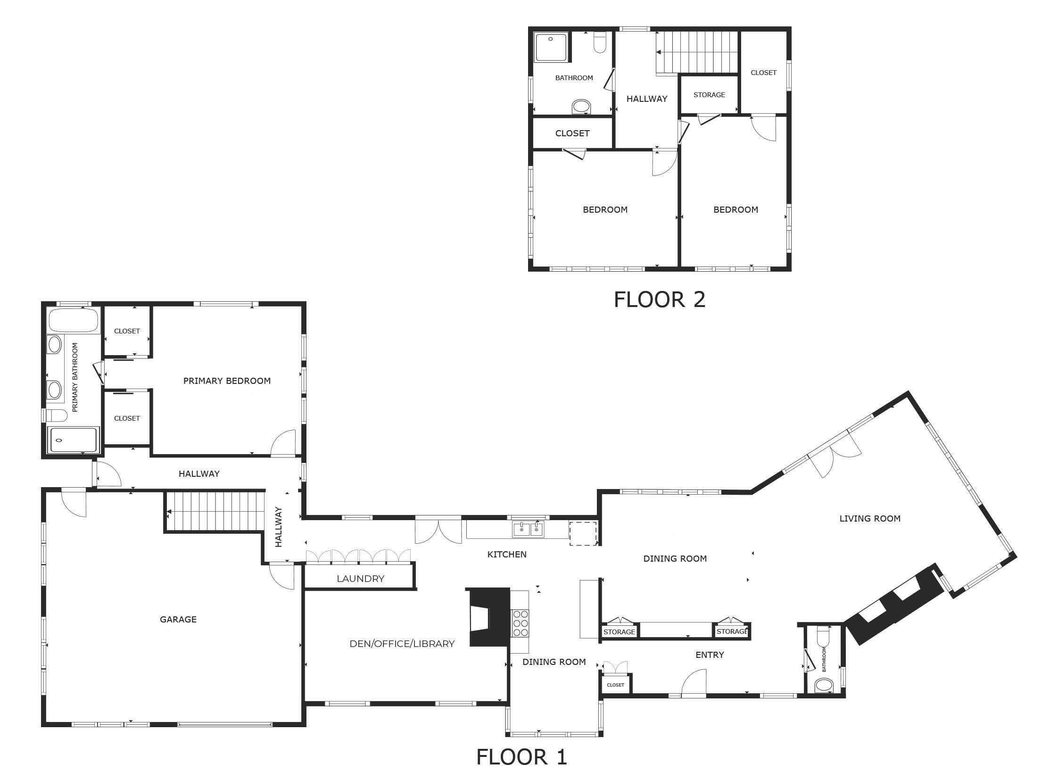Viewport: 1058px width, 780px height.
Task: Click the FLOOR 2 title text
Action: point(659,299)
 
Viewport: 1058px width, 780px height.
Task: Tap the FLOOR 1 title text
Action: point(521,757)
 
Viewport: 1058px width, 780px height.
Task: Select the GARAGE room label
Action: point(178,619)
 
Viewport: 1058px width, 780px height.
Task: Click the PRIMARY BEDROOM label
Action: point(227,381)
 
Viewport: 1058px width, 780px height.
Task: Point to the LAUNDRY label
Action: point(360,578)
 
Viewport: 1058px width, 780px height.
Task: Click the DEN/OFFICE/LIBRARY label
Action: point(402,644)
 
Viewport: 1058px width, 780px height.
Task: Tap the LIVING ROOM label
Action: point(869,518)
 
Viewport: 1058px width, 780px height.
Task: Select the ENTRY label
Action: point(710,655)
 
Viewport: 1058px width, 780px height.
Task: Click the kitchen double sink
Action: point(528,529)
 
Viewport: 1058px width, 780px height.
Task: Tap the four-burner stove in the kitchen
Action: point(520,623)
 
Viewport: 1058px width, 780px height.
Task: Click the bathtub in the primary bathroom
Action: point(74,320)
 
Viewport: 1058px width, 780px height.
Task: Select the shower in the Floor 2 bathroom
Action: point(551,46)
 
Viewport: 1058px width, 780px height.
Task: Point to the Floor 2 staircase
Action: point(697,52)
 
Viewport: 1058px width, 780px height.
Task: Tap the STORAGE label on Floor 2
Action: point(709,95)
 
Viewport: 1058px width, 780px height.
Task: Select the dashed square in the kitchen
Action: point(583,533)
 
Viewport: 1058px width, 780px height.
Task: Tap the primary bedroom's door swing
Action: point(285,444)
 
